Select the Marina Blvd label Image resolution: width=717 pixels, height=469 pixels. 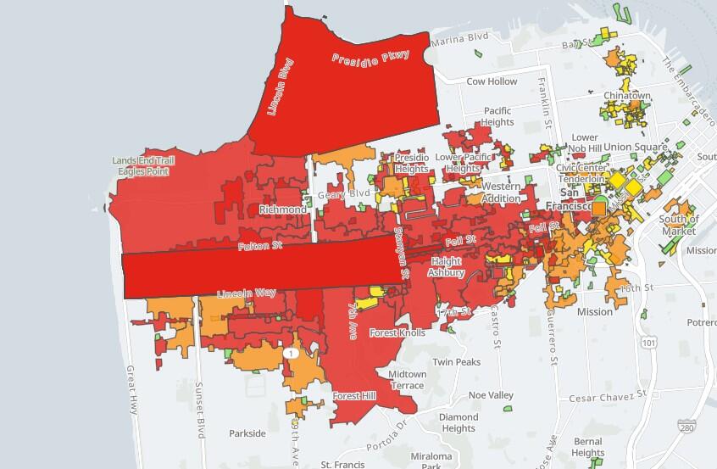coord(460,38)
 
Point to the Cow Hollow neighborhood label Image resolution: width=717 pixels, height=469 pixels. coord(492,82)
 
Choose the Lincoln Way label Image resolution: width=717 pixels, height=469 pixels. coord(247,293)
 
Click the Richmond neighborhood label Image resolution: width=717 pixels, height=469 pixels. coord(283,209)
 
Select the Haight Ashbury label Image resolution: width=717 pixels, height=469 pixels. coord(447,267)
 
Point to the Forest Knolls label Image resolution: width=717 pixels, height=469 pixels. coord(398,333)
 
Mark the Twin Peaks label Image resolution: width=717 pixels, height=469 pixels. coord(456,361)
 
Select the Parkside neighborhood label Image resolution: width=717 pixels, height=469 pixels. coord(247,433)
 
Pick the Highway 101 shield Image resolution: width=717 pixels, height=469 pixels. coord(649,342)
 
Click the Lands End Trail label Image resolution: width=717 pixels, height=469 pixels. coord(142,160)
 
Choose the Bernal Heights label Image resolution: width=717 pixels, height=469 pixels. coord(587,447)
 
